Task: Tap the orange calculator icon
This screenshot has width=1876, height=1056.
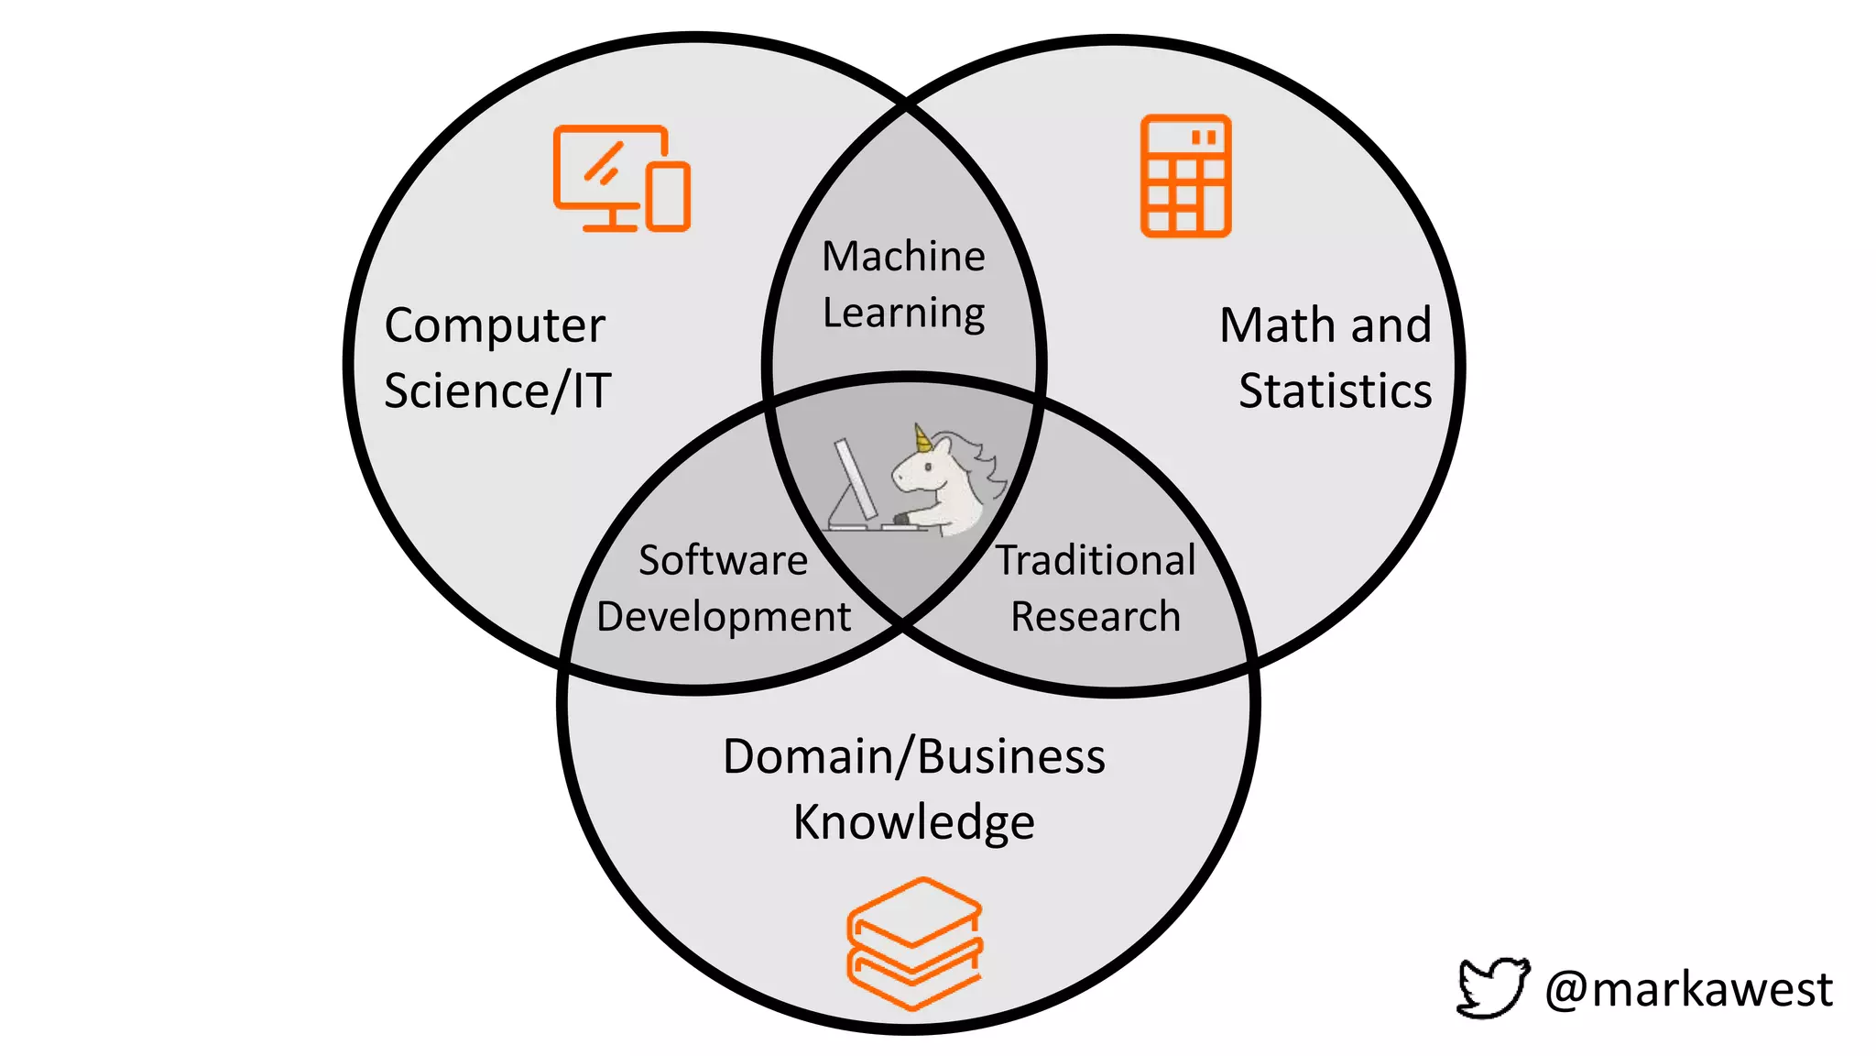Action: click(x=1185, y=176)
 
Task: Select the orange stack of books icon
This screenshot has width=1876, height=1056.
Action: click(x=914, y=944)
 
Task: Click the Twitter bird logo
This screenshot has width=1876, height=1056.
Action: click(x=1492, y=987)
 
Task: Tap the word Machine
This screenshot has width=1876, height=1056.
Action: click(x=903, y=257)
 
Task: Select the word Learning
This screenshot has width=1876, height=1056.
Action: click(x=903, y=313)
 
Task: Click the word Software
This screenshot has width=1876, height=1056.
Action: click(x=723, y=560)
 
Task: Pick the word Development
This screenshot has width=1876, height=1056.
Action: click(x=724, y=617)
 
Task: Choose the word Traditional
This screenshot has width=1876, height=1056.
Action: click(x=1096, y=560)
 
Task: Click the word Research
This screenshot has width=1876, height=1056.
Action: click(x=1096, y=617)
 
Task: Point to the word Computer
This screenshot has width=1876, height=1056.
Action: click(x=495, y=326)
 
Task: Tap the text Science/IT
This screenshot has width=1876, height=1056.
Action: click(x=497, y=391)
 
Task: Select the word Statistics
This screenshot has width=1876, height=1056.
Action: click(x=1335, y=391)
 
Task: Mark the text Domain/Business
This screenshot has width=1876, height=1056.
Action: click(x=914, y=757)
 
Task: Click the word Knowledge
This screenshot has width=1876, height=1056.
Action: click(x=914, y=822)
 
